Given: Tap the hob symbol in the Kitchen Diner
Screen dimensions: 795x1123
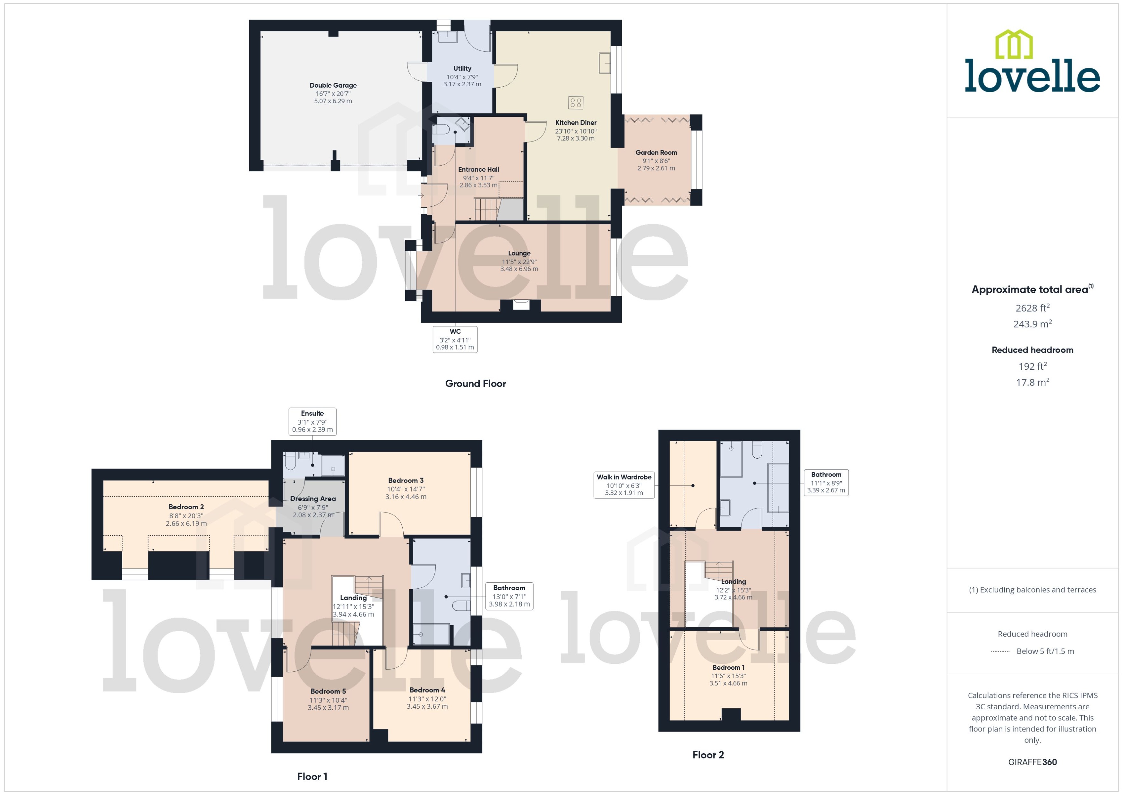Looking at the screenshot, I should pyautogui.click(x=575, y=102).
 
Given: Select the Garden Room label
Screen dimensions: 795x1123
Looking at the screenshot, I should pyautogui.click(x=656, y=152).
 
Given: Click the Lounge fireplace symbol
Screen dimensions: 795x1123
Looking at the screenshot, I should pyautogui.click(x=521, y=305).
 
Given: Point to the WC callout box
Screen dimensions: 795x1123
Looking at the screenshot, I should pyautogui.click(x=455, y=339).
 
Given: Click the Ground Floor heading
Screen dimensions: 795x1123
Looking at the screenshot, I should pyautogui.click(x=475, y=383).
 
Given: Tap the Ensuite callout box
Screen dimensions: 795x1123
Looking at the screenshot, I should pyautogui.click(x=312, y=421).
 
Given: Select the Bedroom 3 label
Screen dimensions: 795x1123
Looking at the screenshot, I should pyautogui.click(x=406, y=480).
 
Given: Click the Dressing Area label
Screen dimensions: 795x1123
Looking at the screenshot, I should pyautogui.click(x=313, y=498).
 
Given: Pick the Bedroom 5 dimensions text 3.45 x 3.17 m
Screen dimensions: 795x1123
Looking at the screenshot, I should pyautogui.click(x=328, y=707).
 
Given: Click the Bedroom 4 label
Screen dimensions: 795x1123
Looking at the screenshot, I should pyautogui.click(x=427, y=690).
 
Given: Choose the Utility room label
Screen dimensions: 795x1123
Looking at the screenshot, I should pyautogui.click(x=462, y=69).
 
